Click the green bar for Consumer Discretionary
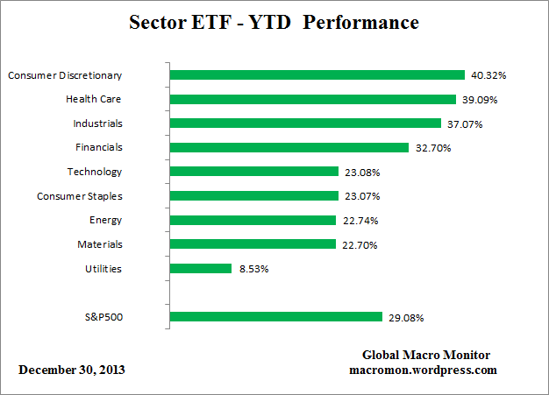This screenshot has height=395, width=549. (x=316, y=75)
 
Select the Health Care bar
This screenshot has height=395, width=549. (x=311, y=99)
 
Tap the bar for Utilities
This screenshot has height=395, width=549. (x=199, y=269)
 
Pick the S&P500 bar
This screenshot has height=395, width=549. (x=274, y=317)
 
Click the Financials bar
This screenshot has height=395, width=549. (x=288, y=148)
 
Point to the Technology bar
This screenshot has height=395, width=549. (x=253, y=172)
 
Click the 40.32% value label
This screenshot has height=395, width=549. (x=488, y=76)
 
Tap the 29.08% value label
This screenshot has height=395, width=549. (x=406, y=318)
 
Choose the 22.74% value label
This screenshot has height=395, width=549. (x=360, y=221)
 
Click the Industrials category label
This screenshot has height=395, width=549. (x=97, y=123)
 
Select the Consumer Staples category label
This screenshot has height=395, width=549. (x=79, y=196)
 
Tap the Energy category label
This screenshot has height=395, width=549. (x=105, y=220)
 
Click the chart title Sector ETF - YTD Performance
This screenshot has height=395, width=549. (x=274, y=21)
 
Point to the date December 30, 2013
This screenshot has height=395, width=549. (x=72, y=370)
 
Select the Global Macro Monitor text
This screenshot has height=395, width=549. (x=426, y=355)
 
